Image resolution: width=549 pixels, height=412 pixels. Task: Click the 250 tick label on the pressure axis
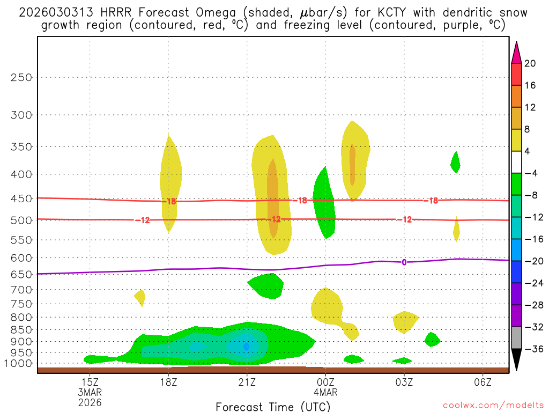coord(21,77)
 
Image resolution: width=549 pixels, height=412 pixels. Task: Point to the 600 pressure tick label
coord(21,258)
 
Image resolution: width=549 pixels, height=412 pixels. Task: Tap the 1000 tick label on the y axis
coord(19,363)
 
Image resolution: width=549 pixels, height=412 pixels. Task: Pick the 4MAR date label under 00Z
coord(325,392)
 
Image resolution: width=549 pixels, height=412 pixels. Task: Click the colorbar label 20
coord(530,64)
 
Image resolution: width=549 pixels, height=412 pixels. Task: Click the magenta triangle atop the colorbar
coord(516,53)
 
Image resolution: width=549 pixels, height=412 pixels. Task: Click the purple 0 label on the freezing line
coord(404,262)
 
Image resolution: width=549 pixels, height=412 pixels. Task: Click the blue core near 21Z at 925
coord(246,347)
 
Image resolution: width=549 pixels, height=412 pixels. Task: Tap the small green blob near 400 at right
coord(455,162)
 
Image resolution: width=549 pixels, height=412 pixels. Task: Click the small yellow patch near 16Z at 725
coord(140,296)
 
